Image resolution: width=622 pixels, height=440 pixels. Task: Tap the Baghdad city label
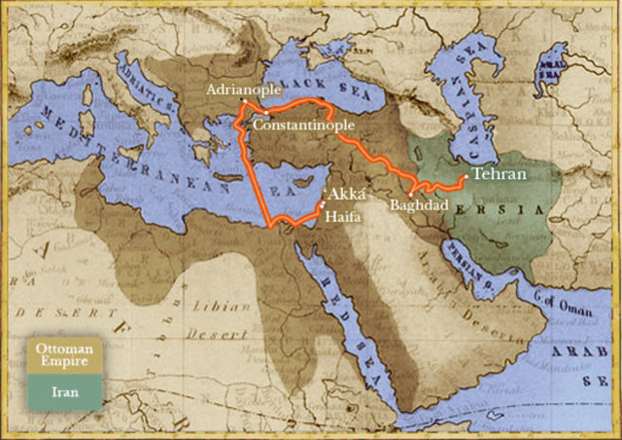416,206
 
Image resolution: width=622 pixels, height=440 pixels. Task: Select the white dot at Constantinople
265,114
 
